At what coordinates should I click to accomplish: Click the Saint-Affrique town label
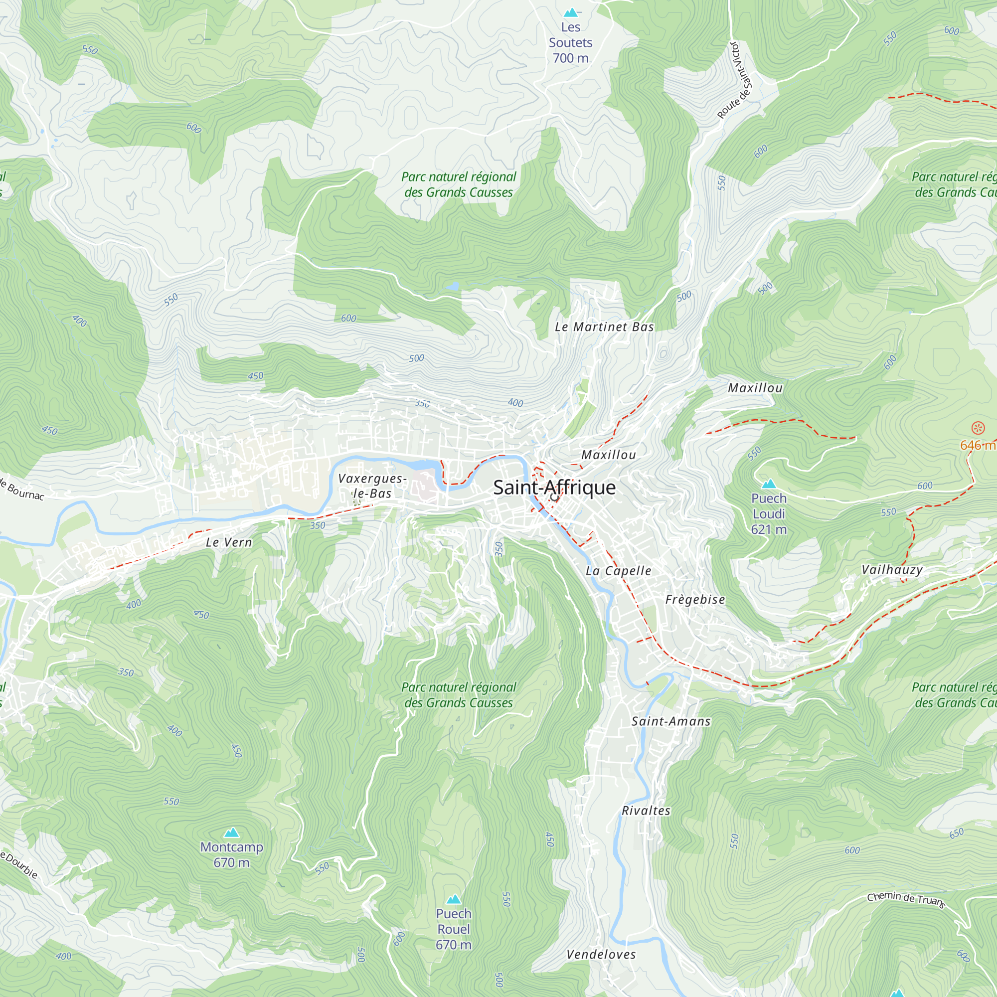click(554, 488)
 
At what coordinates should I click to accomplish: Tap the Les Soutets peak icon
click(571, 12)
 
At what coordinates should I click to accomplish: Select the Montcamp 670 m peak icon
click(232, 832)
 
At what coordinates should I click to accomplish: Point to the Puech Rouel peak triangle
click(454, 899)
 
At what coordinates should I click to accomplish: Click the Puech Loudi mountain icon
click(769, 484)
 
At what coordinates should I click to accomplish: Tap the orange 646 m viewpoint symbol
click(978, 428)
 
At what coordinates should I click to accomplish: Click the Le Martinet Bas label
click(604, 327)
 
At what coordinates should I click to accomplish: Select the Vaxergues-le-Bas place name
click(372, 486)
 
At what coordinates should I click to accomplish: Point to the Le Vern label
click(229, 542)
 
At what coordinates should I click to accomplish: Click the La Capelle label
click(618, 571)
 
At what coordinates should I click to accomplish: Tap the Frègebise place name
click(695, 600)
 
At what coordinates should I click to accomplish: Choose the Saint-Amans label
click(671, 721)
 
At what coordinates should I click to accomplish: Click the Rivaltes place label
click(646, 811)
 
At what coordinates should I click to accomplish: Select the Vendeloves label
click(601, 955)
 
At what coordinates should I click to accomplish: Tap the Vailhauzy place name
click(892, 570)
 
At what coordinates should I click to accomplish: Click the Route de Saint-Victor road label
click(736, 80)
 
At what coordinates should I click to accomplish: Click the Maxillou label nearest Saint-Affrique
click(608, 455)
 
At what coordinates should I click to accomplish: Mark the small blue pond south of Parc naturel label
click(453, 286)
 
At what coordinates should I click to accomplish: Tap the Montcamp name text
click(232, 847)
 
